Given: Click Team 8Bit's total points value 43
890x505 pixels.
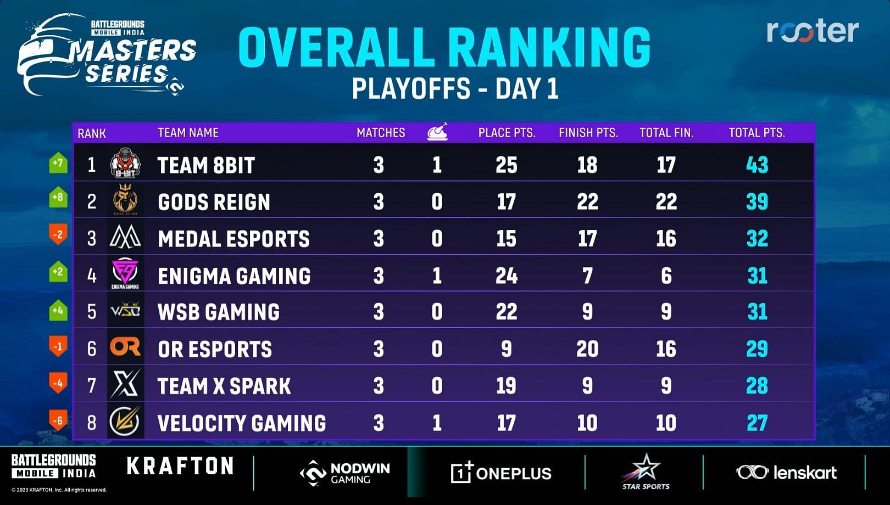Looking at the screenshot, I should tap(756, 165).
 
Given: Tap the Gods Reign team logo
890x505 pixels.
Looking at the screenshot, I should tap(125, 200).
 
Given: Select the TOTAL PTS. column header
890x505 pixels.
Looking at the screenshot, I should tap(756, 133).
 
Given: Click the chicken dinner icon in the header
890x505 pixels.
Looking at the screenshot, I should tap(437, 132).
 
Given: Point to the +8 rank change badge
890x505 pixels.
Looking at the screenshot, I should tap(58, 198).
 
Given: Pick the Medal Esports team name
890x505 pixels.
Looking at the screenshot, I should tap(233, 239).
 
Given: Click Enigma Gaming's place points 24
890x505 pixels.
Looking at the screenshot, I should tap(506, 276).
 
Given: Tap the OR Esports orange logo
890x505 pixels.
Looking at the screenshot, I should tap(125, 347).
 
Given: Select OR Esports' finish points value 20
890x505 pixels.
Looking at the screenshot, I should tap(587, 349).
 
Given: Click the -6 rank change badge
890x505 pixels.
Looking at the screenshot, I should tap(58, 421).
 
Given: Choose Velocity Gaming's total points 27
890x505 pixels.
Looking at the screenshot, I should tap(756, 423).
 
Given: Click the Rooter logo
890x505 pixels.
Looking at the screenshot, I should tap(812, 31).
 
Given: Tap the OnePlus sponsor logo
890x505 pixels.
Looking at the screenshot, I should tap(500, 473).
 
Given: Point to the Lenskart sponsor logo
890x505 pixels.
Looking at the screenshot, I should tap(786, 472).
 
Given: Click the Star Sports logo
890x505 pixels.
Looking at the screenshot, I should tap(646, 472).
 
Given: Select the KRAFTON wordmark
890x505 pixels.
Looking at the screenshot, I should tap(180, 467).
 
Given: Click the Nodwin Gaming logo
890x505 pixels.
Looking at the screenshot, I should tap(345, 473).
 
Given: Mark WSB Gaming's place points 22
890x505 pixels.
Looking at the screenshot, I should tap(506, 312).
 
